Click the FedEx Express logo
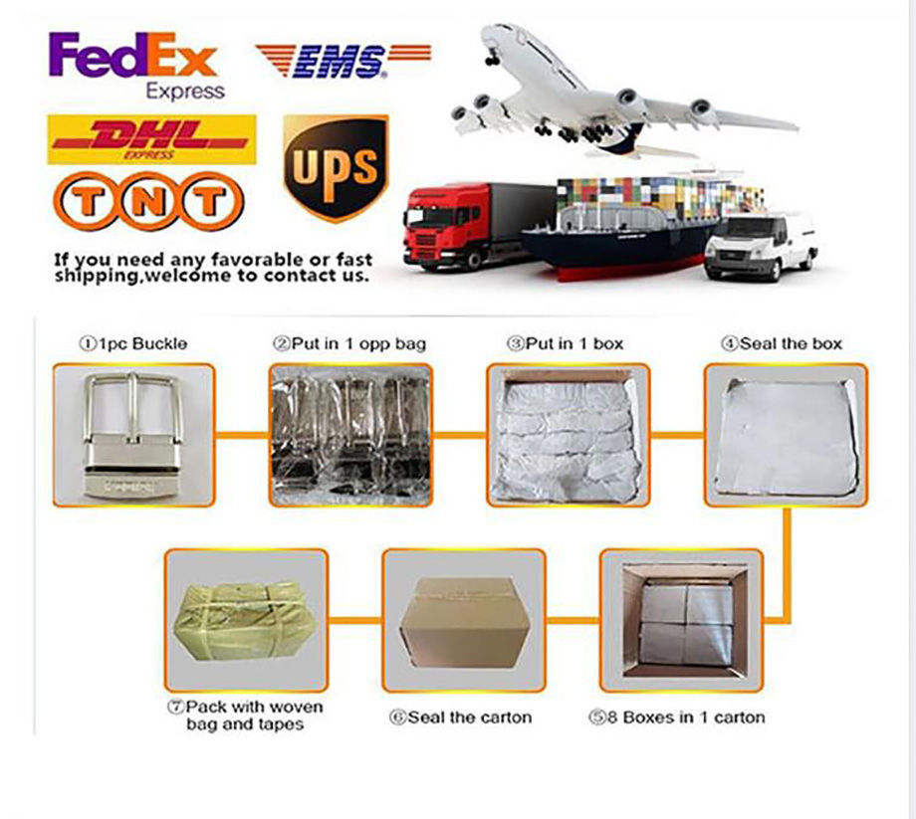[x=136, y=66]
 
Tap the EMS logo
[x=343, y=61]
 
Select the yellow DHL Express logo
[x=152, y=139]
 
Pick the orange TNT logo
[x=148, y=201]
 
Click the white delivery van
[x=762, y=246]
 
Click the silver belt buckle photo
[x=133, y=435]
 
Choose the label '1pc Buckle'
[x=133, y=344]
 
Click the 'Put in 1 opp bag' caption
[x=349, y=344]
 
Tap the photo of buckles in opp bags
[x=350, y=435]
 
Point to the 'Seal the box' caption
[x=782, y=344]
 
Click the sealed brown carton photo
[x=464, y=621]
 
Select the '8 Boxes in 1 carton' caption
[x=676, y=717]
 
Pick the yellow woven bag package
[x=246, y=621]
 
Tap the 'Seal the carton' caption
[x=460, y=717]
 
